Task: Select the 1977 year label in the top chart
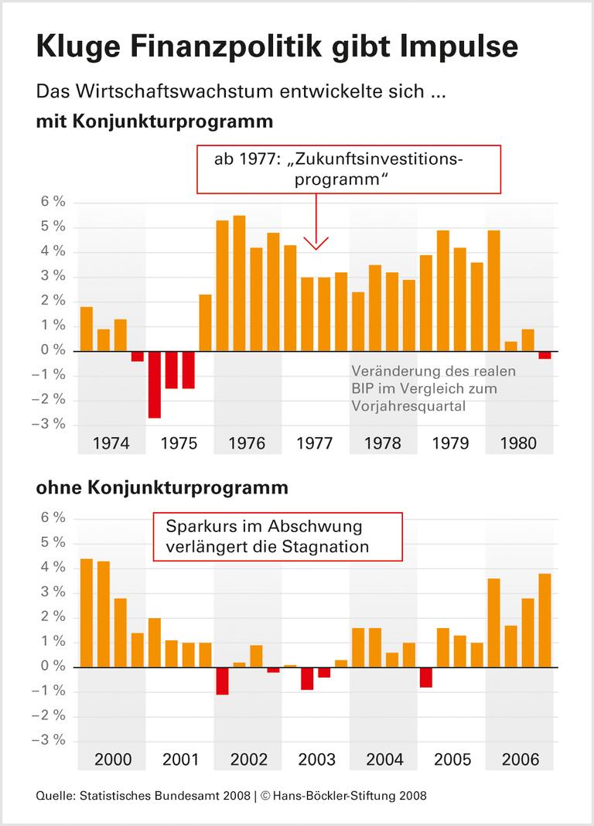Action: click(315, 443)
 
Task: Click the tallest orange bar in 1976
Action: click(239, 283)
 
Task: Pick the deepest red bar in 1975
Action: click(155, 384)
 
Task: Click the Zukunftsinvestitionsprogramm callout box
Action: click(349, 169)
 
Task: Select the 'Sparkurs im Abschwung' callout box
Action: click(278, 537)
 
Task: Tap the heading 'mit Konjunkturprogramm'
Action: click(154, 121)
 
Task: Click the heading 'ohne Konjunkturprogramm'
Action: click(162, 488)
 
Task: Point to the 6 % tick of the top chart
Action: click(53, 203)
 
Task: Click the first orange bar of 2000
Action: click(87, 613)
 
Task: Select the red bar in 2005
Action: click(426, 677)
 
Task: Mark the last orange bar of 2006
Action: click(544, 619)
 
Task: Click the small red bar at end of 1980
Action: click(544, 355)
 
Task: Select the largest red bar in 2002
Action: click(223, 681)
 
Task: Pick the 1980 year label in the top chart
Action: click(519, 443)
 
